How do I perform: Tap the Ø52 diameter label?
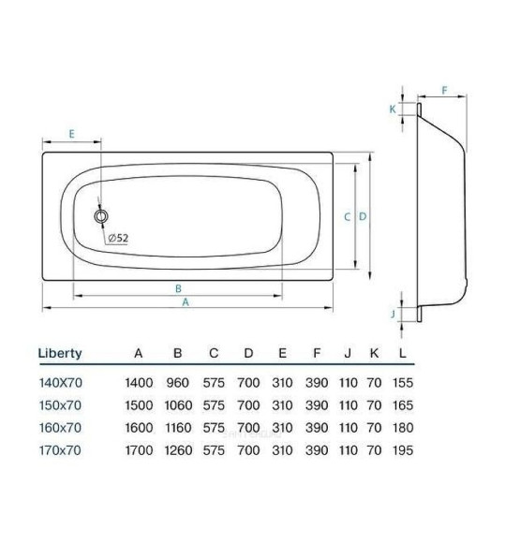[118, 238]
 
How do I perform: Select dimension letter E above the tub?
[71, 134]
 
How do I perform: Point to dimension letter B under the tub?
[178, 288]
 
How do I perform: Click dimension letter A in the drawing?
[186, 302]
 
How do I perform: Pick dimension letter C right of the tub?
[347, 217]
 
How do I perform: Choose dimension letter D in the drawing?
[362, 217]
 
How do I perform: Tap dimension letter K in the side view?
[394, 109]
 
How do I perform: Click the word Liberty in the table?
[60, 354]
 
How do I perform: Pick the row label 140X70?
[59, 383]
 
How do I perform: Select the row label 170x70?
[59, 450]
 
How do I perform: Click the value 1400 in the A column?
[140, 383]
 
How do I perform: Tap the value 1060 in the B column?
[178, 405]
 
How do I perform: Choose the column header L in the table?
[402, 354]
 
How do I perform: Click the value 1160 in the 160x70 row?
[178, 428]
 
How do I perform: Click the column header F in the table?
[317, 354]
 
